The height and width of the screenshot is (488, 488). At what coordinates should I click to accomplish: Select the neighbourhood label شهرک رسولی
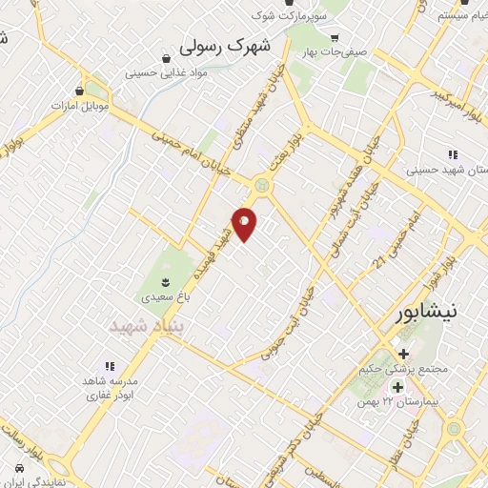[226, 45]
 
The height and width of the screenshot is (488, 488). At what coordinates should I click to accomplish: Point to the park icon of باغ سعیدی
[166, 280]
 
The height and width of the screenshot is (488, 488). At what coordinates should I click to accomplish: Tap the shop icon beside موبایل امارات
[79, 91]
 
